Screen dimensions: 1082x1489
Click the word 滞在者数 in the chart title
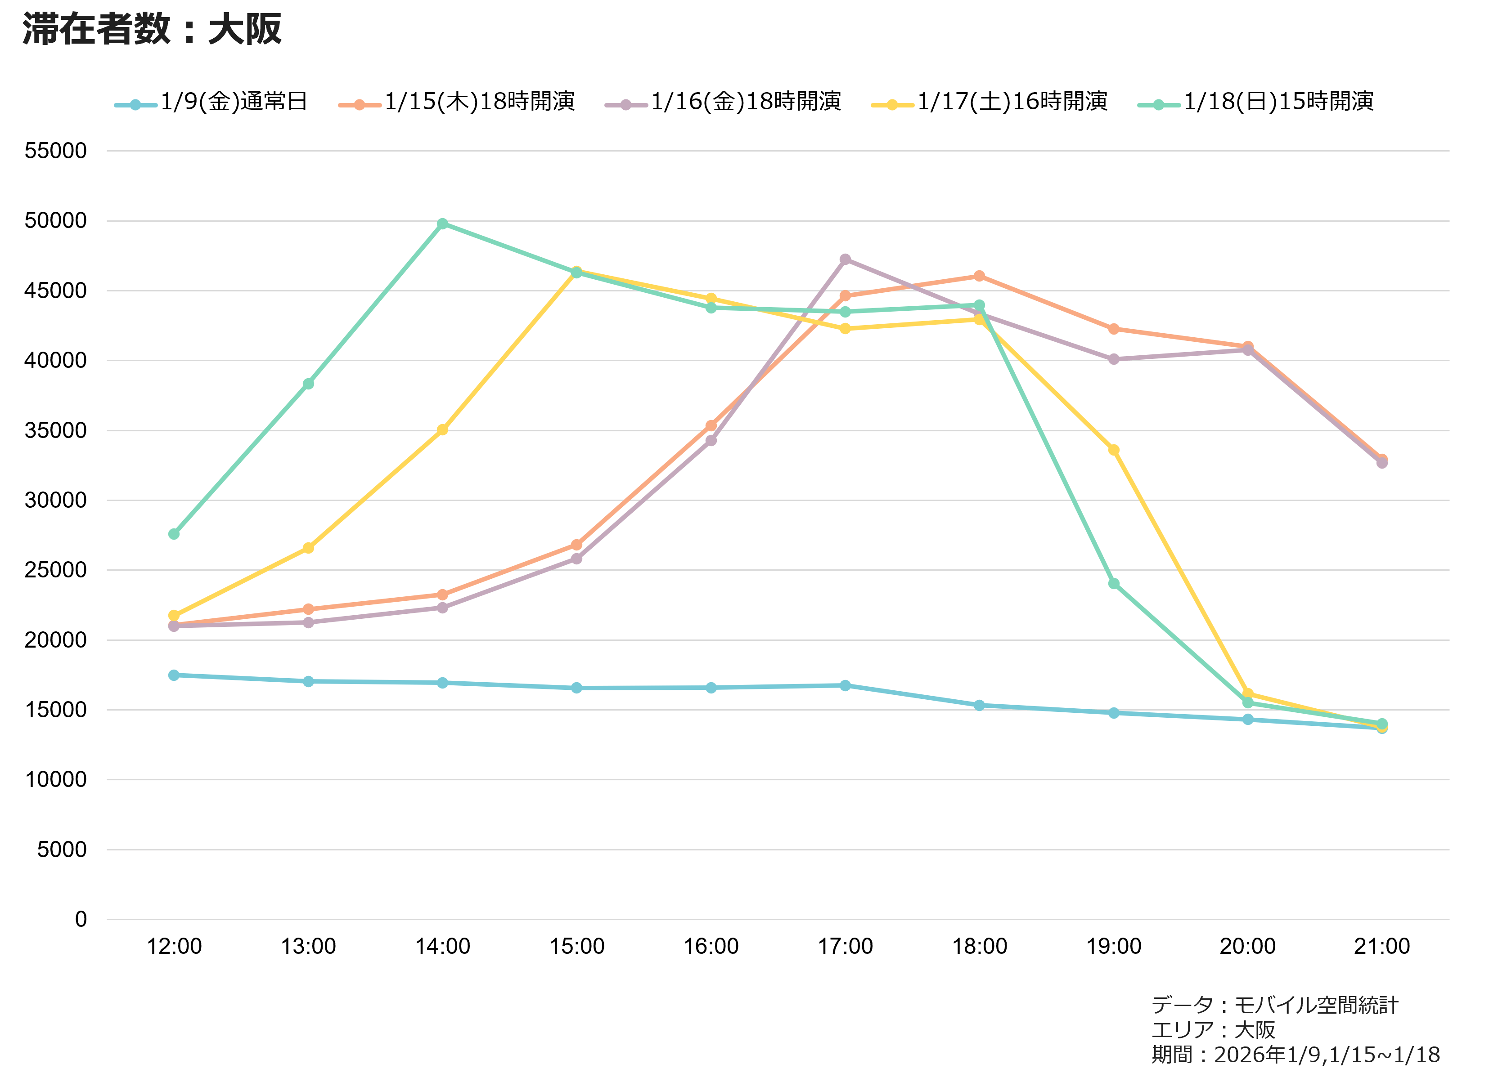click(96, 30)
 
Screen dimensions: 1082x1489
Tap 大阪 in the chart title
click(245, 30)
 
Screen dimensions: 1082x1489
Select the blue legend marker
click(135, 105)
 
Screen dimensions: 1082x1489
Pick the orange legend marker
click(360, 105)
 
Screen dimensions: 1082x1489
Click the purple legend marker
click(625, 105)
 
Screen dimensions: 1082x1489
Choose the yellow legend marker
click(892, 105)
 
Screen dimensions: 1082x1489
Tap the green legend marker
click(1159, 105)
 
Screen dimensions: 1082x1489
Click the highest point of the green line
click(442, 224)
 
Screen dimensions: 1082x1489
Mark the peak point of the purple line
click(846, 259)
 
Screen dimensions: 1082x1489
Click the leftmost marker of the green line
click(174, 534)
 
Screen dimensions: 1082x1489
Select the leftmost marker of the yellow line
click(174, 616)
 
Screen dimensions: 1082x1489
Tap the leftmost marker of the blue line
click(174, 675)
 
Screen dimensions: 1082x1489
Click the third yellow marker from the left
click(442, 429)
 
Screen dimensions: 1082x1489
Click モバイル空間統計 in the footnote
click(1316, 1005)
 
